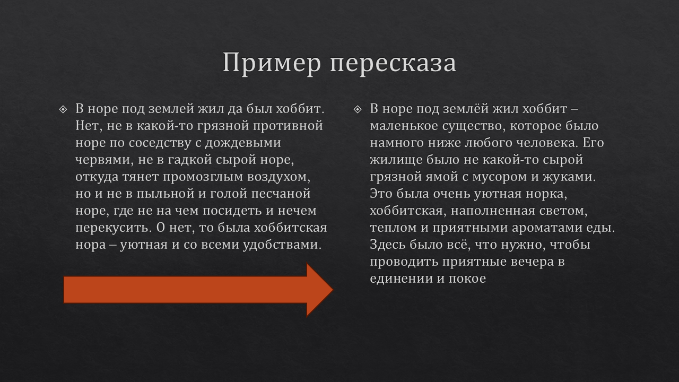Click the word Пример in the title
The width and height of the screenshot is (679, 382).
[x=272, y=63]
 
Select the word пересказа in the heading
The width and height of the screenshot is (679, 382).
[x=393, y=63]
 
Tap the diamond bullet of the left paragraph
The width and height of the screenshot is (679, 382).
[x=63, y=109]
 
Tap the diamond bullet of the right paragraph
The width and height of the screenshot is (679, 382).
[x=358, y=109]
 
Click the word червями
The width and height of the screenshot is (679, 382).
[x=101, y=160]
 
